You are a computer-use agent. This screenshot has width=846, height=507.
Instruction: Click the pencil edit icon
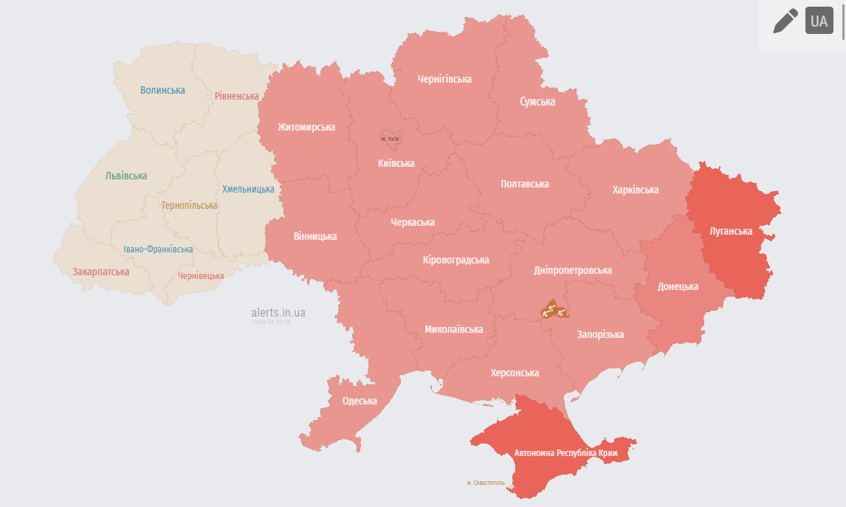tap(785, 21)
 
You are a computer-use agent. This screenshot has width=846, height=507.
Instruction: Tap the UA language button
tap(819, 21)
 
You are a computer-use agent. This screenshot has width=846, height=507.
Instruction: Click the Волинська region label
tap(162, 90)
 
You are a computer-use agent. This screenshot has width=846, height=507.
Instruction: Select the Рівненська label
tap(236, 96)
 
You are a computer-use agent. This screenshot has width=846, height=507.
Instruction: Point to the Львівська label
tap(126, 176)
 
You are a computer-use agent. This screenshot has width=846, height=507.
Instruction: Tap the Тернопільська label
tap(189, 205)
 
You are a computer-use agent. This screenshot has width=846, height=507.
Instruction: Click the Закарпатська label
tap(100, 272)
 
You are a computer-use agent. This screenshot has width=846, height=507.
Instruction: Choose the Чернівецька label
tap(201, 276)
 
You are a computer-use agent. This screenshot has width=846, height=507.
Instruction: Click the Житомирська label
tap(306, 127)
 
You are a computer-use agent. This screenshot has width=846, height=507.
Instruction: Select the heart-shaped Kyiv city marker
tap(389, 137)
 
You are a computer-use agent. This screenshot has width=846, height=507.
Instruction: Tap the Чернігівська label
tap(444, 79)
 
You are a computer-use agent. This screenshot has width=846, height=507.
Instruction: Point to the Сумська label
tap(537, 101)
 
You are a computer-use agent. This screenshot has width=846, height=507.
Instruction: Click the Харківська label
tap(635, 190)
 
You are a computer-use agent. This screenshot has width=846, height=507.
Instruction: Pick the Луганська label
tap(730, 231)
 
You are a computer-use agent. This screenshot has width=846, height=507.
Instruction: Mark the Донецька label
tap(678, 286)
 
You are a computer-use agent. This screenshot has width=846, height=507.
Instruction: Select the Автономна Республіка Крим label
tap(565, 452)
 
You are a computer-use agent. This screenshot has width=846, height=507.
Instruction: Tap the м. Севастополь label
tap(486, 483)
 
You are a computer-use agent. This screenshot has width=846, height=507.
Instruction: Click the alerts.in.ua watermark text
tap(278, 313)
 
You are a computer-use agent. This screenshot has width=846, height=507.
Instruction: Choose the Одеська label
tap(360, 401)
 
